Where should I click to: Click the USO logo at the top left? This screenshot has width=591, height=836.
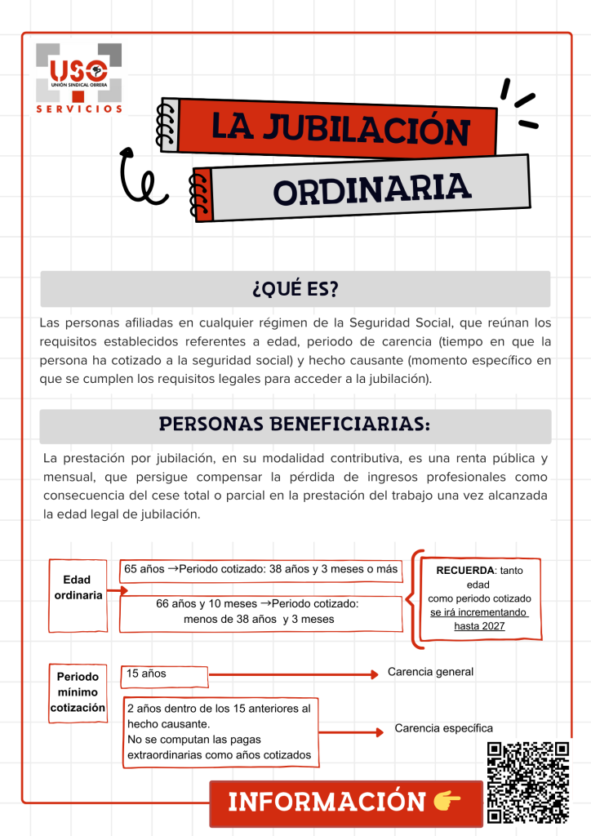coord(78,73)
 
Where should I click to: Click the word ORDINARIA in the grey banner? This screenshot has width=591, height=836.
coord(372,190)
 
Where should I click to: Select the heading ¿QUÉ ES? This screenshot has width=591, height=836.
coord(295,289)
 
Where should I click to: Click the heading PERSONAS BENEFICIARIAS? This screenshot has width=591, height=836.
coord(295,425)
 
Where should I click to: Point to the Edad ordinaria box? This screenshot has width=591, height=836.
coord(78,587)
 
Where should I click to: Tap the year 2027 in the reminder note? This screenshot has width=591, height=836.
coord(491,626)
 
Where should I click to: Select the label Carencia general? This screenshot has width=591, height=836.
coord(430,672)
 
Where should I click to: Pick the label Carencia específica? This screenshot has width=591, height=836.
coord(443,728)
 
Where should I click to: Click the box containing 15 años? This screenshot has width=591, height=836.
coord(164,674)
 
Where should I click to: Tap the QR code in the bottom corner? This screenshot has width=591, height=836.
coord(527,781)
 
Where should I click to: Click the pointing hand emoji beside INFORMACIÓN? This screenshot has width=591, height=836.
coord(447,802)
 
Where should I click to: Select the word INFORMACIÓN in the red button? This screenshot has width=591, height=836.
coord(327,802)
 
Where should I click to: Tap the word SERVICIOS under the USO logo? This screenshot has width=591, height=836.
coord(78,108)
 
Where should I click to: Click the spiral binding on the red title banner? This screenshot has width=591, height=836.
coord(169,124)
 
